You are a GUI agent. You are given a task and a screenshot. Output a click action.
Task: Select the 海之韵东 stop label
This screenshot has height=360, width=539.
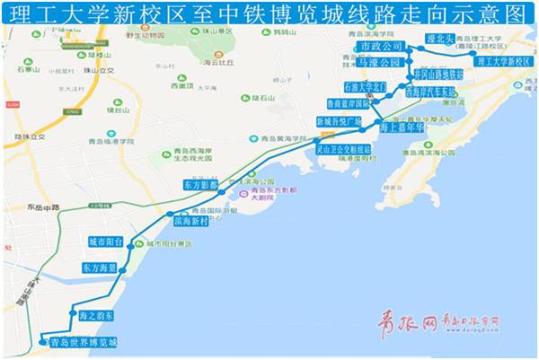click(96, 316)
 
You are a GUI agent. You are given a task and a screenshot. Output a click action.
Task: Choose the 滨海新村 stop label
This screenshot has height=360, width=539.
click(190, 219)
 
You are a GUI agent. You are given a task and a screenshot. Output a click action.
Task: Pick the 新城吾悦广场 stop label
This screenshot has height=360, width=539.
click(339, 120)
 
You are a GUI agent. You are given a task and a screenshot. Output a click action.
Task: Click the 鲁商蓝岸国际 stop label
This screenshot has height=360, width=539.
click(370, 103)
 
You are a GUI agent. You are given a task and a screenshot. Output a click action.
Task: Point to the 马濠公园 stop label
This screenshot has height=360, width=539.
click(377, 63)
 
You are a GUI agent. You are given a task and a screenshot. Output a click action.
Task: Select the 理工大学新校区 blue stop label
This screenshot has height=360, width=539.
click(504, 62)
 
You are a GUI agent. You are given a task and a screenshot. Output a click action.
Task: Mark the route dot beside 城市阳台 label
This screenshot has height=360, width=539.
click(137, 243)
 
